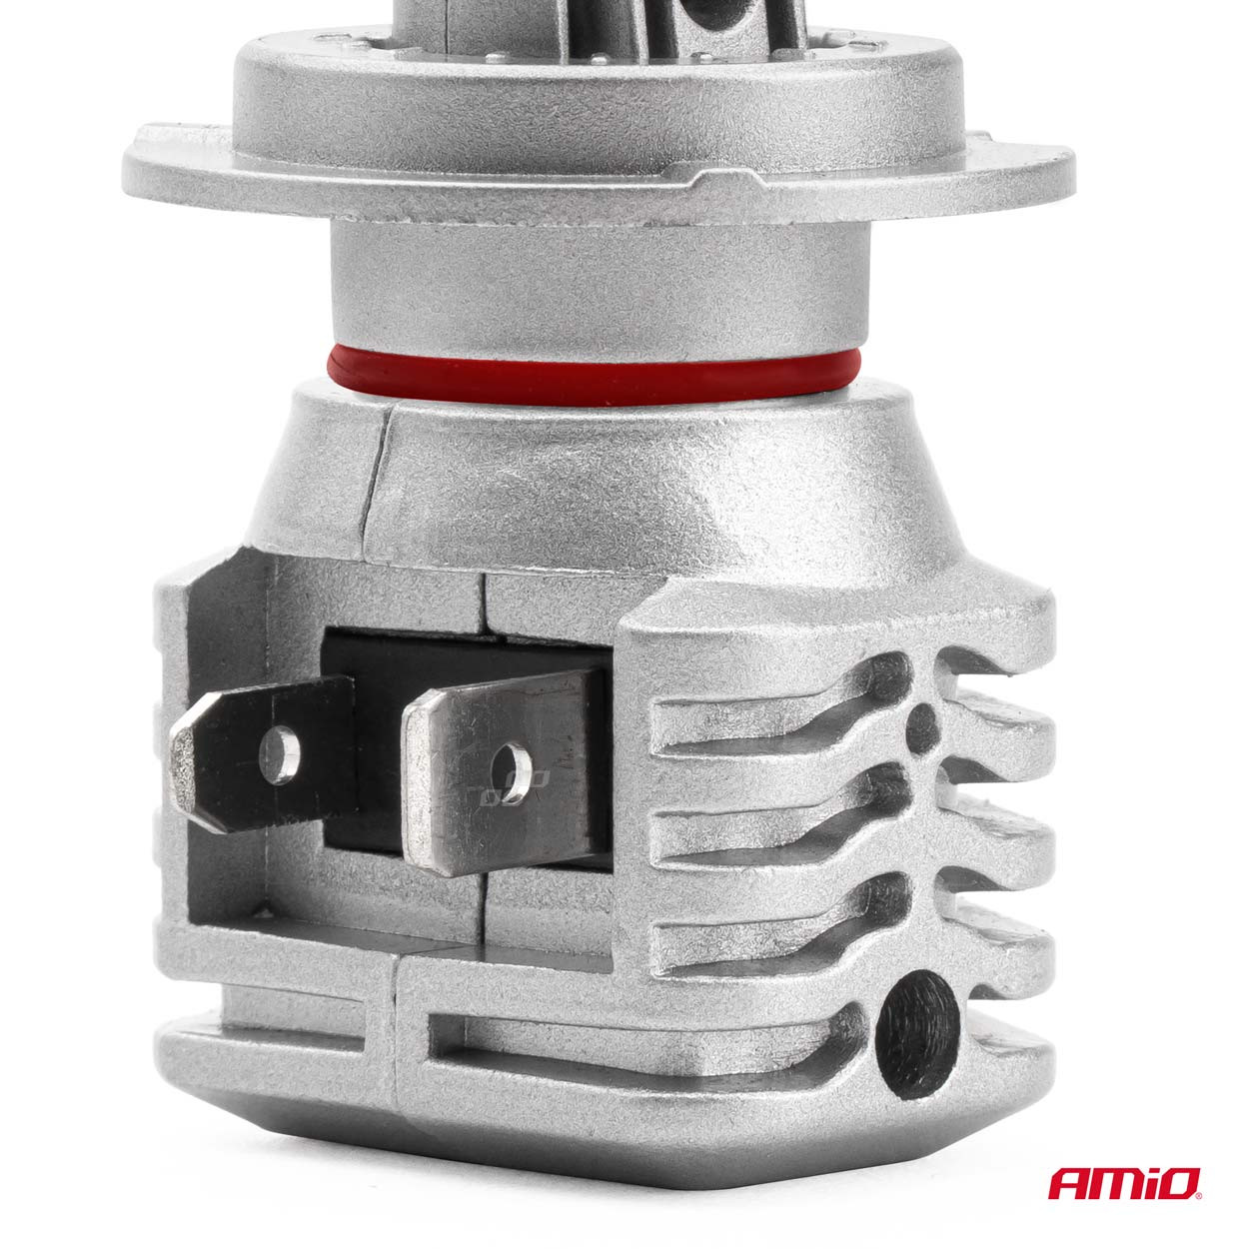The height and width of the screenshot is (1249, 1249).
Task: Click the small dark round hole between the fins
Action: tap(921, 722)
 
